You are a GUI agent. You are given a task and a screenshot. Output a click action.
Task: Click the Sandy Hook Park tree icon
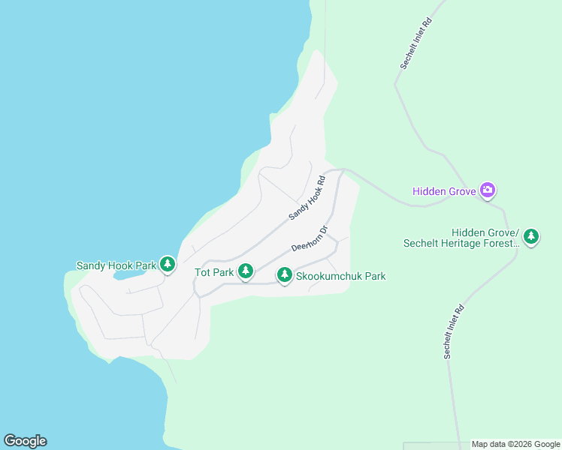click(x=167, y=265)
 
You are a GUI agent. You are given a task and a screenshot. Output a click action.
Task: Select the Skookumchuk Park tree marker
click(x=284, y=276)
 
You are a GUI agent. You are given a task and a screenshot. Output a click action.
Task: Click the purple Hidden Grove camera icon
click(x=488, y=190)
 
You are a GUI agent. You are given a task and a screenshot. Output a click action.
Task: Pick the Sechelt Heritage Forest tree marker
click(x=531, y=237)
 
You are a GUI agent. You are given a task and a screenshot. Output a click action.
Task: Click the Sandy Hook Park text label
click(x=116, y=265)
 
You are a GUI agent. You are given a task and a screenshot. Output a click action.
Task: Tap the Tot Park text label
click(x=214, y=272)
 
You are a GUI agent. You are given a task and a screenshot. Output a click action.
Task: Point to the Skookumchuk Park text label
click(x=341, y=276)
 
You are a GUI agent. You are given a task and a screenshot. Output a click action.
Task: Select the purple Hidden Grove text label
click(x=444, y=191)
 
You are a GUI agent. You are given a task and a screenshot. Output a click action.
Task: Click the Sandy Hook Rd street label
click(x=307, y=198)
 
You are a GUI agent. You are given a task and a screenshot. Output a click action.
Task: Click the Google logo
click(x=25, y=441)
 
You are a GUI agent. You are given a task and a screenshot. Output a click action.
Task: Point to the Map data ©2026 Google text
click(x=515, y=444)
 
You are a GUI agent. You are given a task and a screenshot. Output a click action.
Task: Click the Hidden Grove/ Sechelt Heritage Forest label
click(x=461, y=237)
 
